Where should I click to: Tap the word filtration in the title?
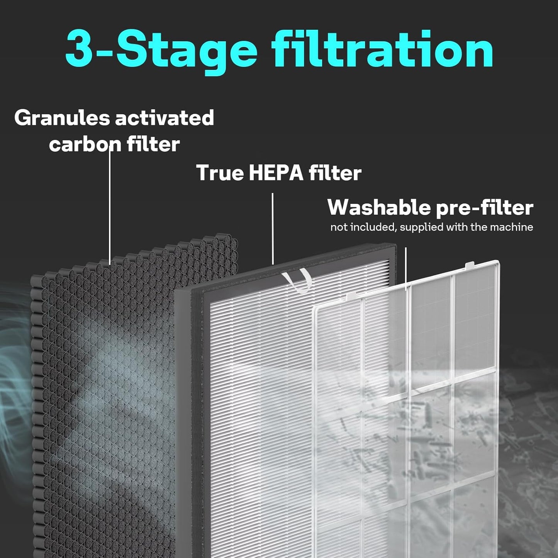(382, 50)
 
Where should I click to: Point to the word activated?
(165, 117)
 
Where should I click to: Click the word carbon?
(82, 144)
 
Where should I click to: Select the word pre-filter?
(485, 208)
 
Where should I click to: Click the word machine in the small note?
(511, 227)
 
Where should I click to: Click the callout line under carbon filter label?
(110, 209)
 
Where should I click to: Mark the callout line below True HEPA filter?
(273, 228)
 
